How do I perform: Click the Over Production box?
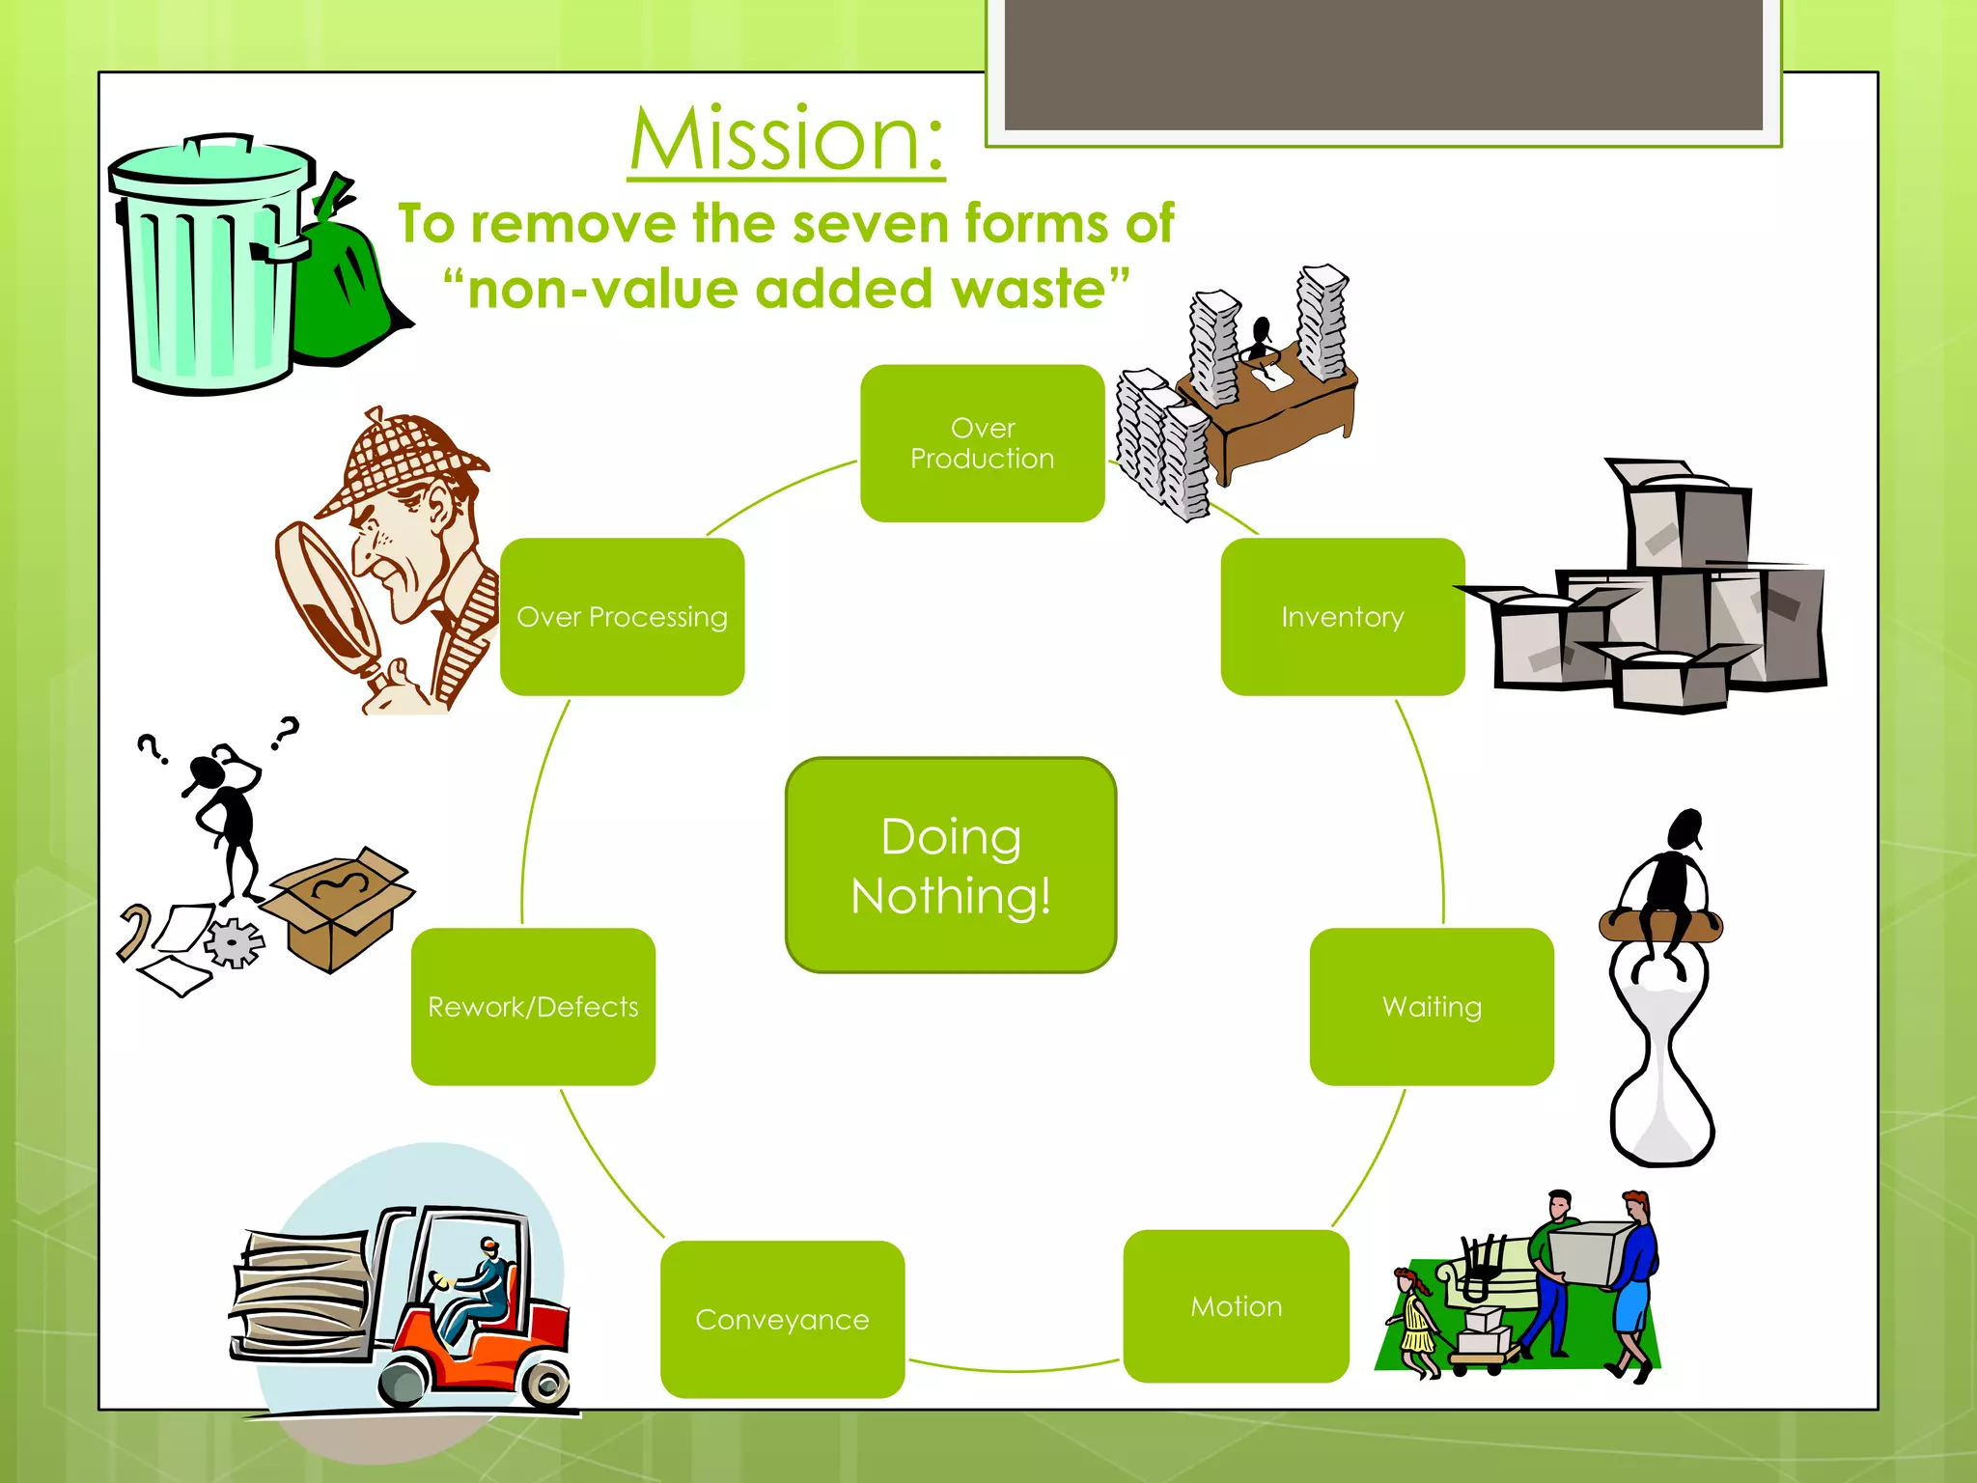pyautogui.click(x=982, y=443)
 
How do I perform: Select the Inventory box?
pyautogui.click(x=1342, y=617)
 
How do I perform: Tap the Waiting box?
pyautogui.click(x=1431, y=1007)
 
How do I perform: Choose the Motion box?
pyautogui.click(x=1236, y=1306)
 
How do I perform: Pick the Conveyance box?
pyautogui.click(x=782, y=1319)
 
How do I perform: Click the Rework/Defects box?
pyautogui.click(x=533, y=1007)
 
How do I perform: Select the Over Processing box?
pyautogui.click(x=622, y=617)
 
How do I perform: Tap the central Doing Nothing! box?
pyautogui.click(x=951, y=865)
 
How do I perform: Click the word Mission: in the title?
pyautogui.click(x=786, y=140)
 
